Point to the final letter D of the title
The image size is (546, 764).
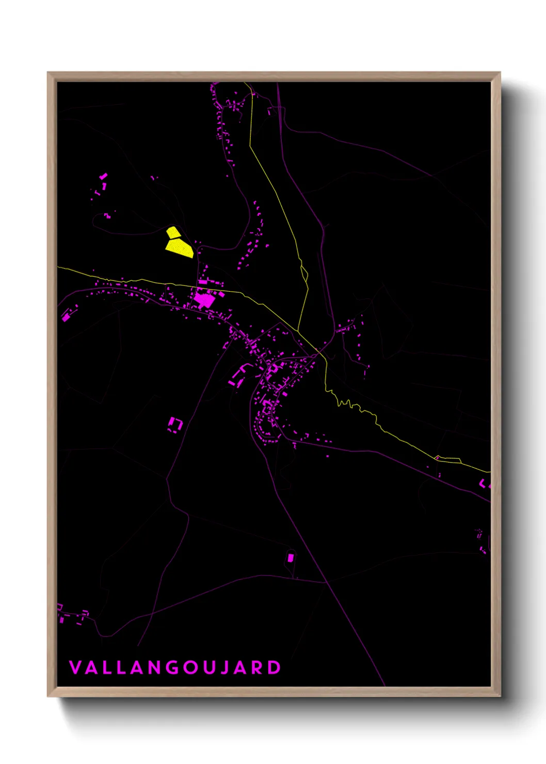click(x=274, y=667)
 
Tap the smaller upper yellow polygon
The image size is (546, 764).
click(x=173, y=232)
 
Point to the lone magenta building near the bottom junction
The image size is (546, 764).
click(x=290, y=558)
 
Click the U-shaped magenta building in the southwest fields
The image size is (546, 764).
click(x=175, y=424)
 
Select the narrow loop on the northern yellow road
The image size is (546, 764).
click(x=304, y=274)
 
